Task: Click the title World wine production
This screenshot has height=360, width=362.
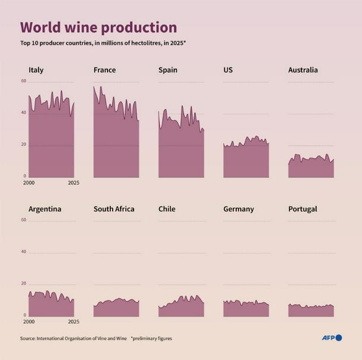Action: point(99,27)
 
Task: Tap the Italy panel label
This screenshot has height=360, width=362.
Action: point(36,70)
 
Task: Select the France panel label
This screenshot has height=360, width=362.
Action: point(104,70)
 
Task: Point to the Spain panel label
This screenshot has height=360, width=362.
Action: point(167,70)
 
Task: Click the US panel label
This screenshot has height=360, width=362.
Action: point(228,70)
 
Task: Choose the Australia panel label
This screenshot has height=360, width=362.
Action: point(303,70)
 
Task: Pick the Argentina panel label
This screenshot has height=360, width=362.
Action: point(45,209)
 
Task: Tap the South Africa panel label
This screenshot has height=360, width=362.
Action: point(114,209)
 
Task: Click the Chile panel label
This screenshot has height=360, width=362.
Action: point(167,209)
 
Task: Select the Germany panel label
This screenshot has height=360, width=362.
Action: point(239,209)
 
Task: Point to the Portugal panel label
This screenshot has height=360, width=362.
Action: point(303,209)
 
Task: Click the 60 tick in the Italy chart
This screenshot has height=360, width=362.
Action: point(24,81)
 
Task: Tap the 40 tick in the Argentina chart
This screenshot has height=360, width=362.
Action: point(24,251)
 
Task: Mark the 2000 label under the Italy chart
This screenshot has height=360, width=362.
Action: point(29,183)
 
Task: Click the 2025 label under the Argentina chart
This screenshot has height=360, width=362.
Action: point(73,321)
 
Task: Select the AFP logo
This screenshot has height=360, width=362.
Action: point(332,338)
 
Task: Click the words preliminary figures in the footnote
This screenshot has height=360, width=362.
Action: point(154,339)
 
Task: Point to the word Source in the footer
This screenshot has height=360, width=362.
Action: point(27,339)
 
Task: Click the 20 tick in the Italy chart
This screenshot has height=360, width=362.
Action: point(24,144)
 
